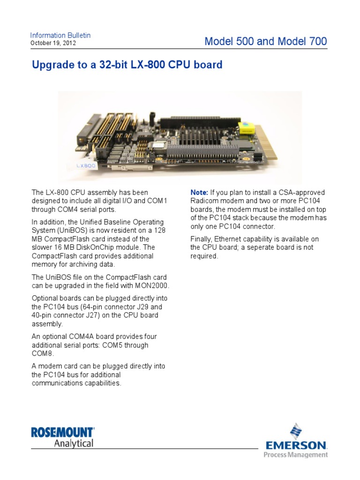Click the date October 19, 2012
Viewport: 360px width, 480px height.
(53, 43)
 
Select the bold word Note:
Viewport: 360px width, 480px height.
(199, 193)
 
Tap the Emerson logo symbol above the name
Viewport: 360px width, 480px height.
(295, 431)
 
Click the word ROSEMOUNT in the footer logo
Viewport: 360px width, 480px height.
(62, 432)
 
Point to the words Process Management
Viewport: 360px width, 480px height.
(295, 455)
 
